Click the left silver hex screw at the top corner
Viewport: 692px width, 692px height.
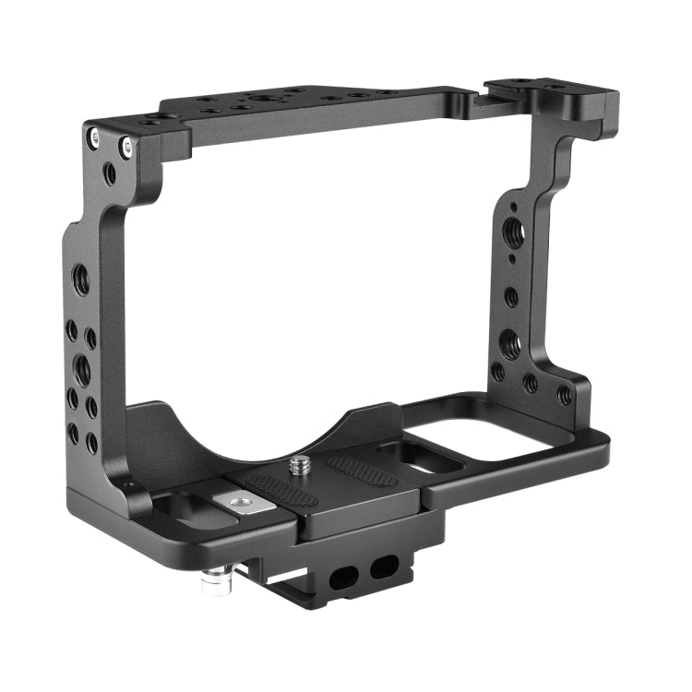pos(95,138)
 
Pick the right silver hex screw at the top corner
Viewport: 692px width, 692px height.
pos(125,146)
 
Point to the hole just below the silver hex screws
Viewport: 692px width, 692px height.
pos(110,172)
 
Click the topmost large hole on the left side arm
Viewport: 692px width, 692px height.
pos(81,277)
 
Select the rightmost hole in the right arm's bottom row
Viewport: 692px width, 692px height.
pos(564,396)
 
